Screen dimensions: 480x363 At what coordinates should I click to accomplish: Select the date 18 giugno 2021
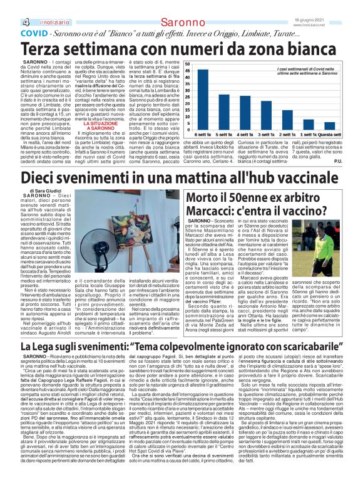(x=341, y=4)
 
